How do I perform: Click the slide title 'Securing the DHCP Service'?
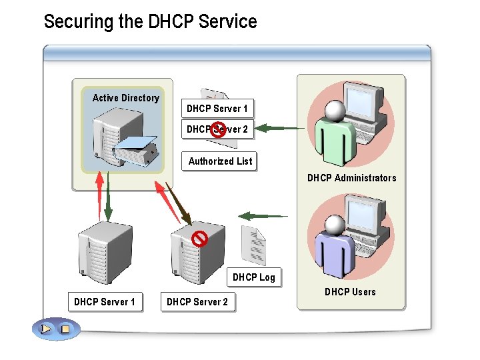click(x=150, y=21)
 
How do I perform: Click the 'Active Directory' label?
click(x=125, y=98)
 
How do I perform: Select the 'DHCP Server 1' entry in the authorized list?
click(x=217, y=108)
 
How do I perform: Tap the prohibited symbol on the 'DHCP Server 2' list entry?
click(x=217, y=130)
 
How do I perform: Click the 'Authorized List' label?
click(x=220, y=161)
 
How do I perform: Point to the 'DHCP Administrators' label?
click(x=351, y=178)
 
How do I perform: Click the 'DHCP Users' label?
click(x=350, y=292)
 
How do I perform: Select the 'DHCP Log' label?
click(x=253, y=277)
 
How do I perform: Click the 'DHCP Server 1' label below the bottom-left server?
click(x=104, y=302)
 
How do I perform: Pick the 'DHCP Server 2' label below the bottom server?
click(x=197, y=302)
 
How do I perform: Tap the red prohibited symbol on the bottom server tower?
click(x=199, y=238)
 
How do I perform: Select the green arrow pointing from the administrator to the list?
click(x=280, y=127)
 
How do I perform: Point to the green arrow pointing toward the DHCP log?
click(x=263, y=216)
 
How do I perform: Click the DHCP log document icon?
click(x=253, y=245)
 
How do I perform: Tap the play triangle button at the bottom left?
click(x=45, y=329)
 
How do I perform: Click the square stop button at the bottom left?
click(x=65, y=329)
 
